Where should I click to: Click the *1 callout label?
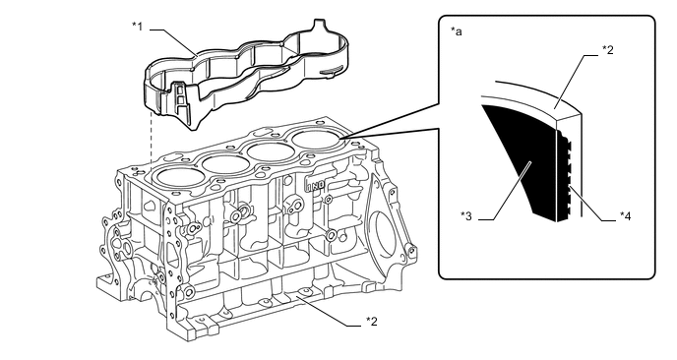[138, 27]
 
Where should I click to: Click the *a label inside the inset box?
[457, 31]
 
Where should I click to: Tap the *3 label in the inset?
[466, 215]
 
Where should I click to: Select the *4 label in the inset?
[625, 215]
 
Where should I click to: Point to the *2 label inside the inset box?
[608, 50]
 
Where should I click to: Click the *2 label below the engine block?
[372, 322]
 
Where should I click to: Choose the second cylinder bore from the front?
[225, 164]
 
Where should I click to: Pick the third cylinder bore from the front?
[271, 151]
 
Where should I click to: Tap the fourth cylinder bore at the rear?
[316, 140]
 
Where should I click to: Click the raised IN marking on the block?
[316, 186]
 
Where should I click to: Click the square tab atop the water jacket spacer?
[318, 24]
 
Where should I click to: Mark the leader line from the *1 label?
[173, 42]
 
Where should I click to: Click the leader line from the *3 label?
[504, 191]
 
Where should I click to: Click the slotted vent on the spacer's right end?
[331, 70]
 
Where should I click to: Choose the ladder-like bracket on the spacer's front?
[180, 98]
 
